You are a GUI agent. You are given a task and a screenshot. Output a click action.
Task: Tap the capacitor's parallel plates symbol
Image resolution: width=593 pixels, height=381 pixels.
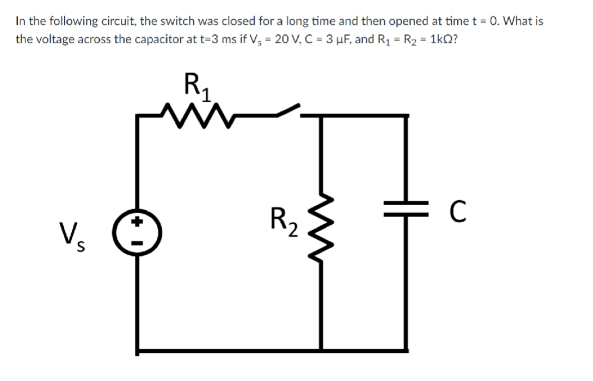click(406, 211)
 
